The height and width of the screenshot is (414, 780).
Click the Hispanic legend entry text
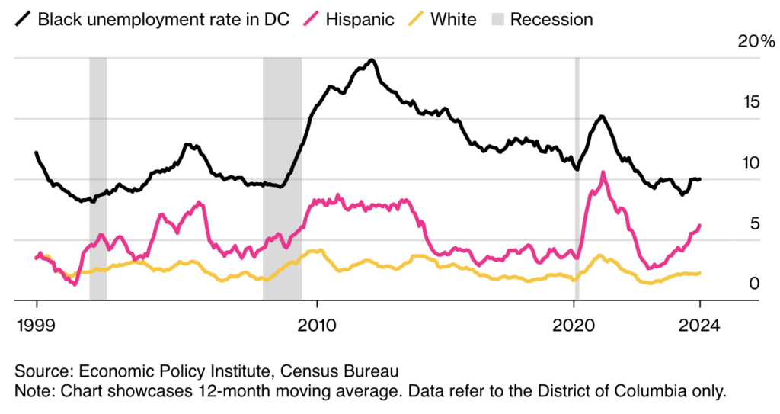(x=360, y=19)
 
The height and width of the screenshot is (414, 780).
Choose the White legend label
(x=453, y=19)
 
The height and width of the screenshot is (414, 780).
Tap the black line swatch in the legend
(x=21, y=19)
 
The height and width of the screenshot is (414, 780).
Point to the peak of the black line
(x=372, y=59)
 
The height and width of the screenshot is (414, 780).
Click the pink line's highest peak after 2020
(x=603, y=173)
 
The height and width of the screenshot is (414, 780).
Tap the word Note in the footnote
(x=30, y=392)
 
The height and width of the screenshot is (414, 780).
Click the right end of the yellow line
(x=699, y=273)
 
